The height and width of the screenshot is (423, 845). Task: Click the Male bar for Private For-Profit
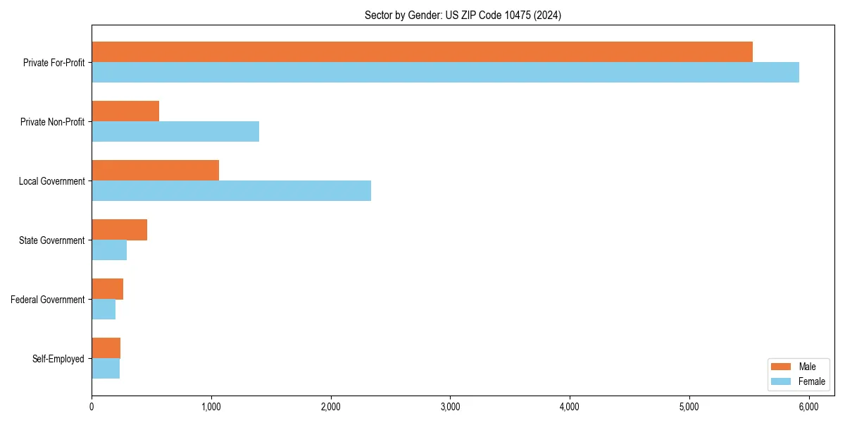(422, 52)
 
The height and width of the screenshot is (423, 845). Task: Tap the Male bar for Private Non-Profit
(125, 111)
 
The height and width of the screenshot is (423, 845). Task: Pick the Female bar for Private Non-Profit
(175, 132)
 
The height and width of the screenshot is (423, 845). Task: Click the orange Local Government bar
(155, 171)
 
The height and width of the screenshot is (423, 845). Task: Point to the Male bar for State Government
(119, 230)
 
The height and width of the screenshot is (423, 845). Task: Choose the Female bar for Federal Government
(104, 309)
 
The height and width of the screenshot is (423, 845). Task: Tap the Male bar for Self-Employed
(106, 348)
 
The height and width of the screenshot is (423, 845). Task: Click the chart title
(463, 15)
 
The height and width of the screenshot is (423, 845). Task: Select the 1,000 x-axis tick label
(211, 406)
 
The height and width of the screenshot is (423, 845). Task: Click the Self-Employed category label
(58, 359)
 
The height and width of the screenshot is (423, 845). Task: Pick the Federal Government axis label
(48, 300)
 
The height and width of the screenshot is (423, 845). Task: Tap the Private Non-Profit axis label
(52, 122)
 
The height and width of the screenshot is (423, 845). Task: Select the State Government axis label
(52, 240)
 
